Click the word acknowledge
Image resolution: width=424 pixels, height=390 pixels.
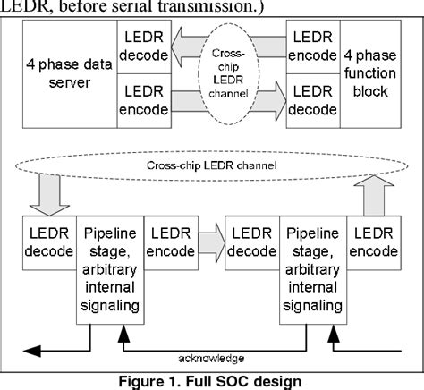click(x=211, y=357)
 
